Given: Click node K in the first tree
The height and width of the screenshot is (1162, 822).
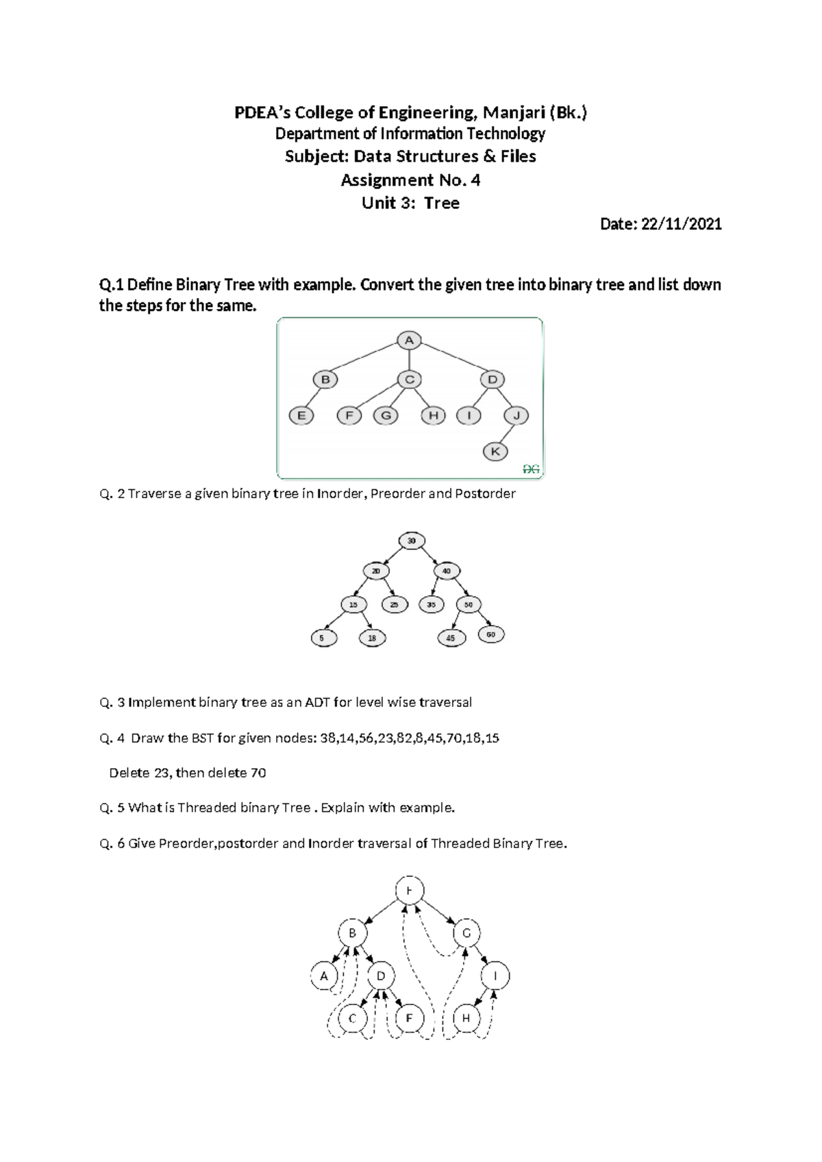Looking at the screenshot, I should (495, 452).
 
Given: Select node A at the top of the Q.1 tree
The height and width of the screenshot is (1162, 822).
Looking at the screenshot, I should (409, 340).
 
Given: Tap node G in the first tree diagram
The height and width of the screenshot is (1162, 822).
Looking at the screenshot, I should (386, 415).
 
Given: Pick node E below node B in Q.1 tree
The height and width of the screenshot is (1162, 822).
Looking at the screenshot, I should (301, 415).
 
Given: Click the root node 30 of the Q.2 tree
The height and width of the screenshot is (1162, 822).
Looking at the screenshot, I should (412, 541).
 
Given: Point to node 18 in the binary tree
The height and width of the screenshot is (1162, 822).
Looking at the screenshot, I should (372, 638).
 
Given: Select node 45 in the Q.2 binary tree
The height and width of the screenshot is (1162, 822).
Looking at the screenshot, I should (451, 638).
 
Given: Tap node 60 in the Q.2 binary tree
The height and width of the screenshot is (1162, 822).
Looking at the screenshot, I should (490, 634).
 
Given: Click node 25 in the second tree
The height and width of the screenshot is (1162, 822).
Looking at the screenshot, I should (395, 604).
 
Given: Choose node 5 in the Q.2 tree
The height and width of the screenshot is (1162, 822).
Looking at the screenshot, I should (323, 638).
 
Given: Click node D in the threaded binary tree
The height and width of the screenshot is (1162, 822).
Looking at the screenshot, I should (382, 976).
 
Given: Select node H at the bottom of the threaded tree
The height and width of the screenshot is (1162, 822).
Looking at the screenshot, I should (466, 1018).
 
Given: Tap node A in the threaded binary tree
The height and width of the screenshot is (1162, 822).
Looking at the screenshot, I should (324, 976).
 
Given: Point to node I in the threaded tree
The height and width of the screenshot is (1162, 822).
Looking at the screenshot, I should (495, 976).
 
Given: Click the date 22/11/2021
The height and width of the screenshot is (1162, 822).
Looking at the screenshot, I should (681, 224).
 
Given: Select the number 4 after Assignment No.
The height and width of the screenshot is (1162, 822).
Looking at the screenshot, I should (475, 180).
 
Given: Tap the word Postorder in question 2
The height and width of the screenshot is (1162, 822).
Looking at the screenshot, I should (485, 493).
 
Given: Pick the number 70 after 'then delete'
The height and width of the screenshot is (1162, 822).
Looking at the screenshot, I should (258, 773).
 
